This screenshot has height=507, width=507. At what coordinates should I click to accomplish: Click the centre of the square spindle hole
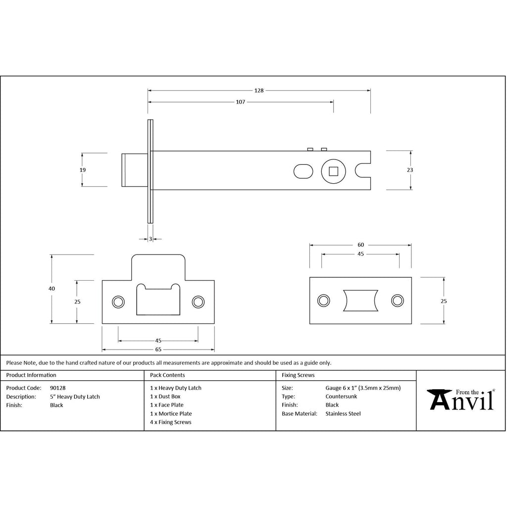(x=333, y=171)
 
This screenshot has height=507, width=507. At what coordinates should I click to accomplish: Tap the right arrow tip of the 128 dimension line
(x=370, y=91)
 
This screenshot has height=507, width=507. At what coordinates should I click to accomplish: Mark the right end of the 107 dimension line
(x=333, y=102)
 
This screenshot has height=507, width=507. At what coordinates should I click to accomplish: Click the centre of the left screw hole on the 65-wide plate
(x=118, y=302)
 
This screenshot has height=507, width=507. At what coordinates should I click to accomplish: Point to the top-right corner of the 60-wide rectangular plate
(x=411, y=277)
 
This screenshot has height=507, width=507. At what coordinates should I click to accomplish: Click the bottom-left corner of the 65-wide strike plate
(x=102, y=324)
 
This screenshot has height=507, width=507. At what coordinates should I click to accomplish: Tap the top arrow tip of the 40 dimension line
(x=51, y=255)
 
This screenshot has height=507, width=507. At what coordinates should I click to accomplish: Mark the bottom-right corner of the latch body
(x=370, y=190)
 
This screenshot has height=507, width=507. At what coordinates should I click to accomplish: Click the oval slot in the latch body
(x=304, y=171)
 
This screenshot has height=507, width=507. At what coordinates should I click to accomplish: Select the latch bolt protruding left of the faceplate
(x=135, y=170)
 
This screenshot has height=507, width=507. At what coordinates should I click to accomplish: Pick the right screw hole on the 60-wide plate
(x=398, y=301)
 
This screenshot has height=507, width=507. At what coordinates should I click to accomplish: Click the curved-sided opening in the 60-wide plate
(x=360, y=301)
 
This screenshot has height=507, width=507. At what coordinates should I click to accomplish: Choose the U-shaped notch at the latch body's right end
(x=363, y=171)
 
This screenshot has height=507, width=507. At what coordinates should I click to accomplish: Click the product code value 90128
(x=57, y=388)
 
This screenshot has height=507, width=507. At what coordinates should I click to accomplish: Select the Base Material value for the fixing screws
(x=343, y=413)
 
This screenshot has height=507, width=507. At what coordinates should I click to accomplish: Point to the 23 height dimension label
(x=409, y=170)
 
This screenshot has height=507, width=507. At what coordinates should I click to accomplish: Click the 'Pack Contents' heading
(x=167, y=375)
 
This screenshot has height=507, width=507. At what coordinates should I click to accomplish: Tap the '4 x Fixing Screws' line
(x=171, y=422)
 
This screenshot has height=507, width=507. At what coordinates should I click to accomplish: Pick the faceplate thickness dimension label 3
(x=151, y=239)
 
